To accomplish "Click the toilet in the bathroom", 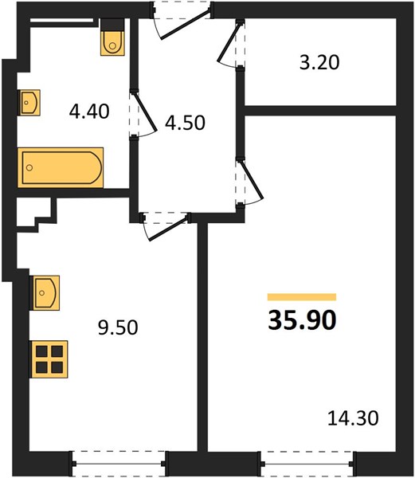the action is (112, 37).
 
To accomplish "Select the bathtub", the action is (61, 167).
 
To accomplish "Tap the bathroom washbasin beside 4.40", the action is (29, 103).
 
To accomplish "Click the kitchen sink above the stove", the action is (46, 292).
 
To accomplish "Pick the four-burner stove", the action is (49, 359).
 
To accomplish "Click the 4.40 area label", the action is (89, 112).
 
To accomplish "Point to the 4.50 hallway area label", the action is (185, 123).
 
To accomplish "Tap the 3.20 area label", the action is (319, 63).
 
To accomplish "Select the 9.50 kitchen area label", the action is (118, 327).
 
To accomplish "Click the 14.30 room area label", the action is (353, 418).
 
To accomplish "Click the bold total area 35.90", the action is (302, 320).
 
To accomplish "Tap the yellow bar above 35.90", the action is (302, 297).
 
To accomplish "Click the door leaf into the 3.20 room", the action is (229, 42).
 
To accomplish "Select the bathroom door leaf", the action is (145, 112).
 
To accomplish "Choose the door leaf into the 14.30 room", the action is (251, 180).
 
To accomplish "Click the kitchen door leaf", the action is (168, 228).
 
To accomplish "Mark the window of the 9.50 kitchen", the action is (119, 464).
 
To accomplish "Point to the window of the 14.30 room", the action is (308, 464).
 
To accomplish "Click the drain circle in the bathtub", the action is (29, 167).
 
